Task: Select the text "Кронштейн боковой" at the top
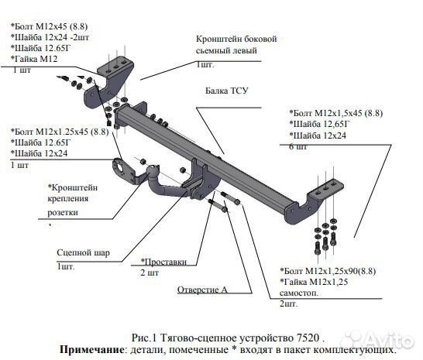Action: click(236, 39)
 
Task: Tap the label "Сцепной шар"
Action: click(82, 252)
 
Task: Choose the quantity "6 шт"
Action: click(297, 146)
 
